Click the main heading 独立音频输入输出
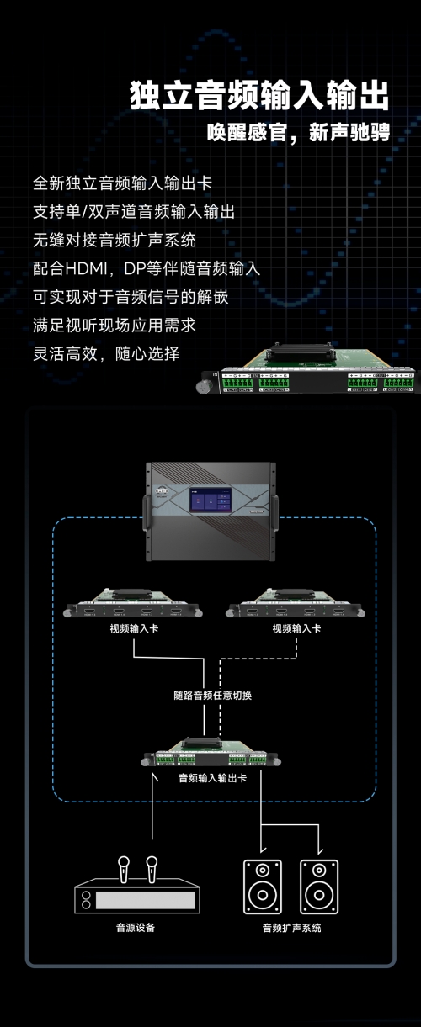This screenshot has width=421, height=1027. (259, 95)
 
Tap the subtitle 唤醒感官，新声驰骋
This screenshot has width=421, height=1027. (298, 132)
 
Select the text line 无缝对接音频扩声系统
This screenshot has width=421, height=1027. (115, 240)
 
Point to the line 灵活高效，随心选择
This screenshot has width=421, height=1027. (106, 353)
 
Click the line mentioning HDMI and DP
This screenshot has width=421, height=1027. (147, 268)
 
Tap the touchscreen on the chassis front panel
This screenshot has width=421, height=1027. (210, 500)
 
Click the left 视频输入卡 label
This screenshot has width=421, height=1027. (134, 628)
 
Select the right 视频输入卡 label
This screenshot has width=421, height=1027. (296, 628)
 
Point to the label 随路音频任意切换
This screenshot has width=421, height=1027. (212, 695)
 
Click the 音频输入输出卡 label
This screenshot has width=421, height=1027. (212, 777)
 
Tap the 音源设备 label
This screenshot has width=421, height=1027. (136, 928)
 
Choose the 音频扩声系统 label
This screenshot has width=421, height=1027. (291, 928)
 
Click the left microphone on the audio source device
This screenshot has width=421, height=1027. (124, 869)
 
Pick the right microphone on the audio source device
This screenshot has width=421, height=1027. (152, 869)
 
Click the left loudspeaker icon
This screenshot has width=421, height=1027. (263, 887)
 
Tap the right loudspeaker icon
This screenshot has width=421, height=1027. (319, 887)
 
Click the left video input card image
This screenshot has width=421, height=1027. (133, 603)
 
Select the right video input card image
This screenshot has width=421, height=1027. (296, 603)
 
